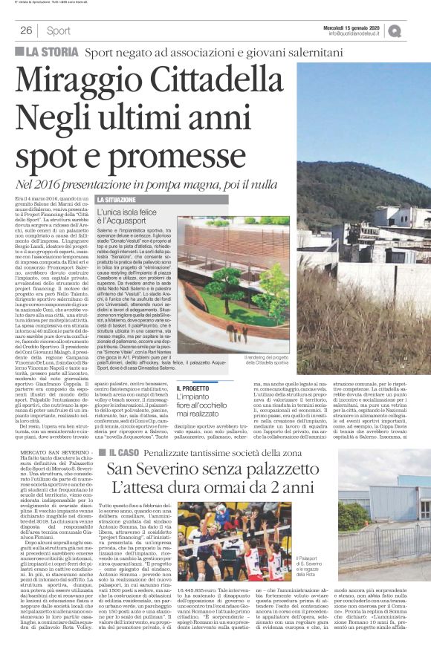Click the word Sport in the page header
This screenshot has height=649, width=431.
[x=58, y=30]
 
